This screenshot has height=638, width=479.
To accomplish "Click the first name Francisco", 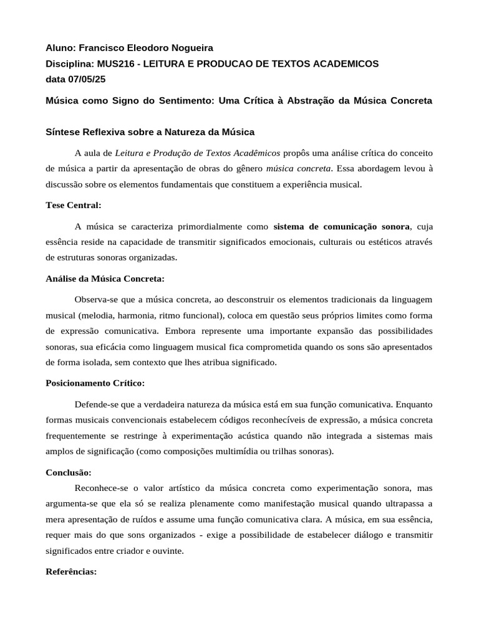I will (x=102, y=47).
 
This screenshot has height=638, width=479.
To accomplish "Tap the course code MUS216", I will (x=114, y=64).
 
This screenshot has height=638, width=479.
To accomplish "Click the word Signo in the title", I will (x=130, y=100).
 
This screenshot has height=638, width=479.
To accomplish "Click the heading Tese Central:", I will (x=74, y=205).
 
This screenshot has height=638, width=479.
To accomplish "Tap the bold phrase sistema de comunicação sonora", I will (x=342, y=226).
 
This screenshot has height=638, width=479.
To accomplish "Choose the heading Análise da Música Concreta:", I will (x=105, y=279).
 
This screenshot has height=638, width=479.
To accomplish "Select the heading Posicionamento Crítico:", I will (x=95, y=383).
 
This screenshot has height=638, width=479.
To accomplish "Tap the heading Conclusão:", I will (x=69, y=472).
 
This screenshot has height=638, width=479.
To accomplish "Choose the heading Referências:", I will (x=71, y=571).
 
